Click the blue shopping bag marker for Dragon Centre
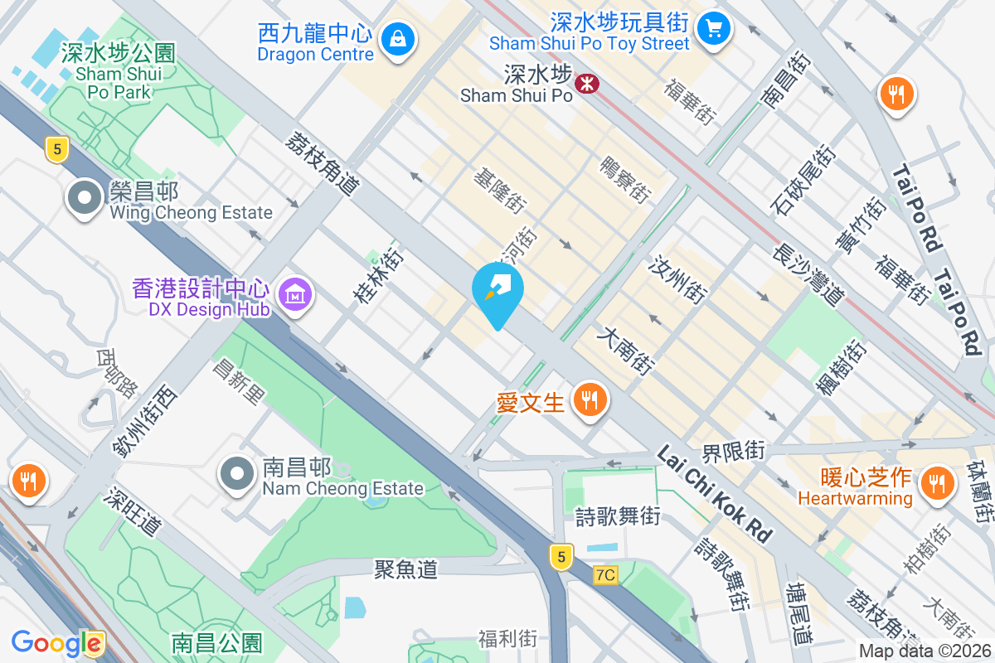pos(398,39)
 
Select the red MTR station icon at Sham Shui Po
pos(587,83)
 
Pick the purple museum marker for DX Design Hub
pos(294,293)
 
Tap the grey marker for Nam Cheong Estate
pos(237,474)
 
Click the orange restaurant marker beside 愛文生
pos(590,401)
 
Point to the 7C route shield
pos(606,574)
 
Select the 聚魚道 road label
pos(405,569)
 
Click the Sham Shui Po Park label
pos(119,72)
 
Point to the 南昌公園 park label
pos(216,642)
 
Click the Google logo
pos(56,643)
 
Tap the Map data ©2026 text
pos(925,651)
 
